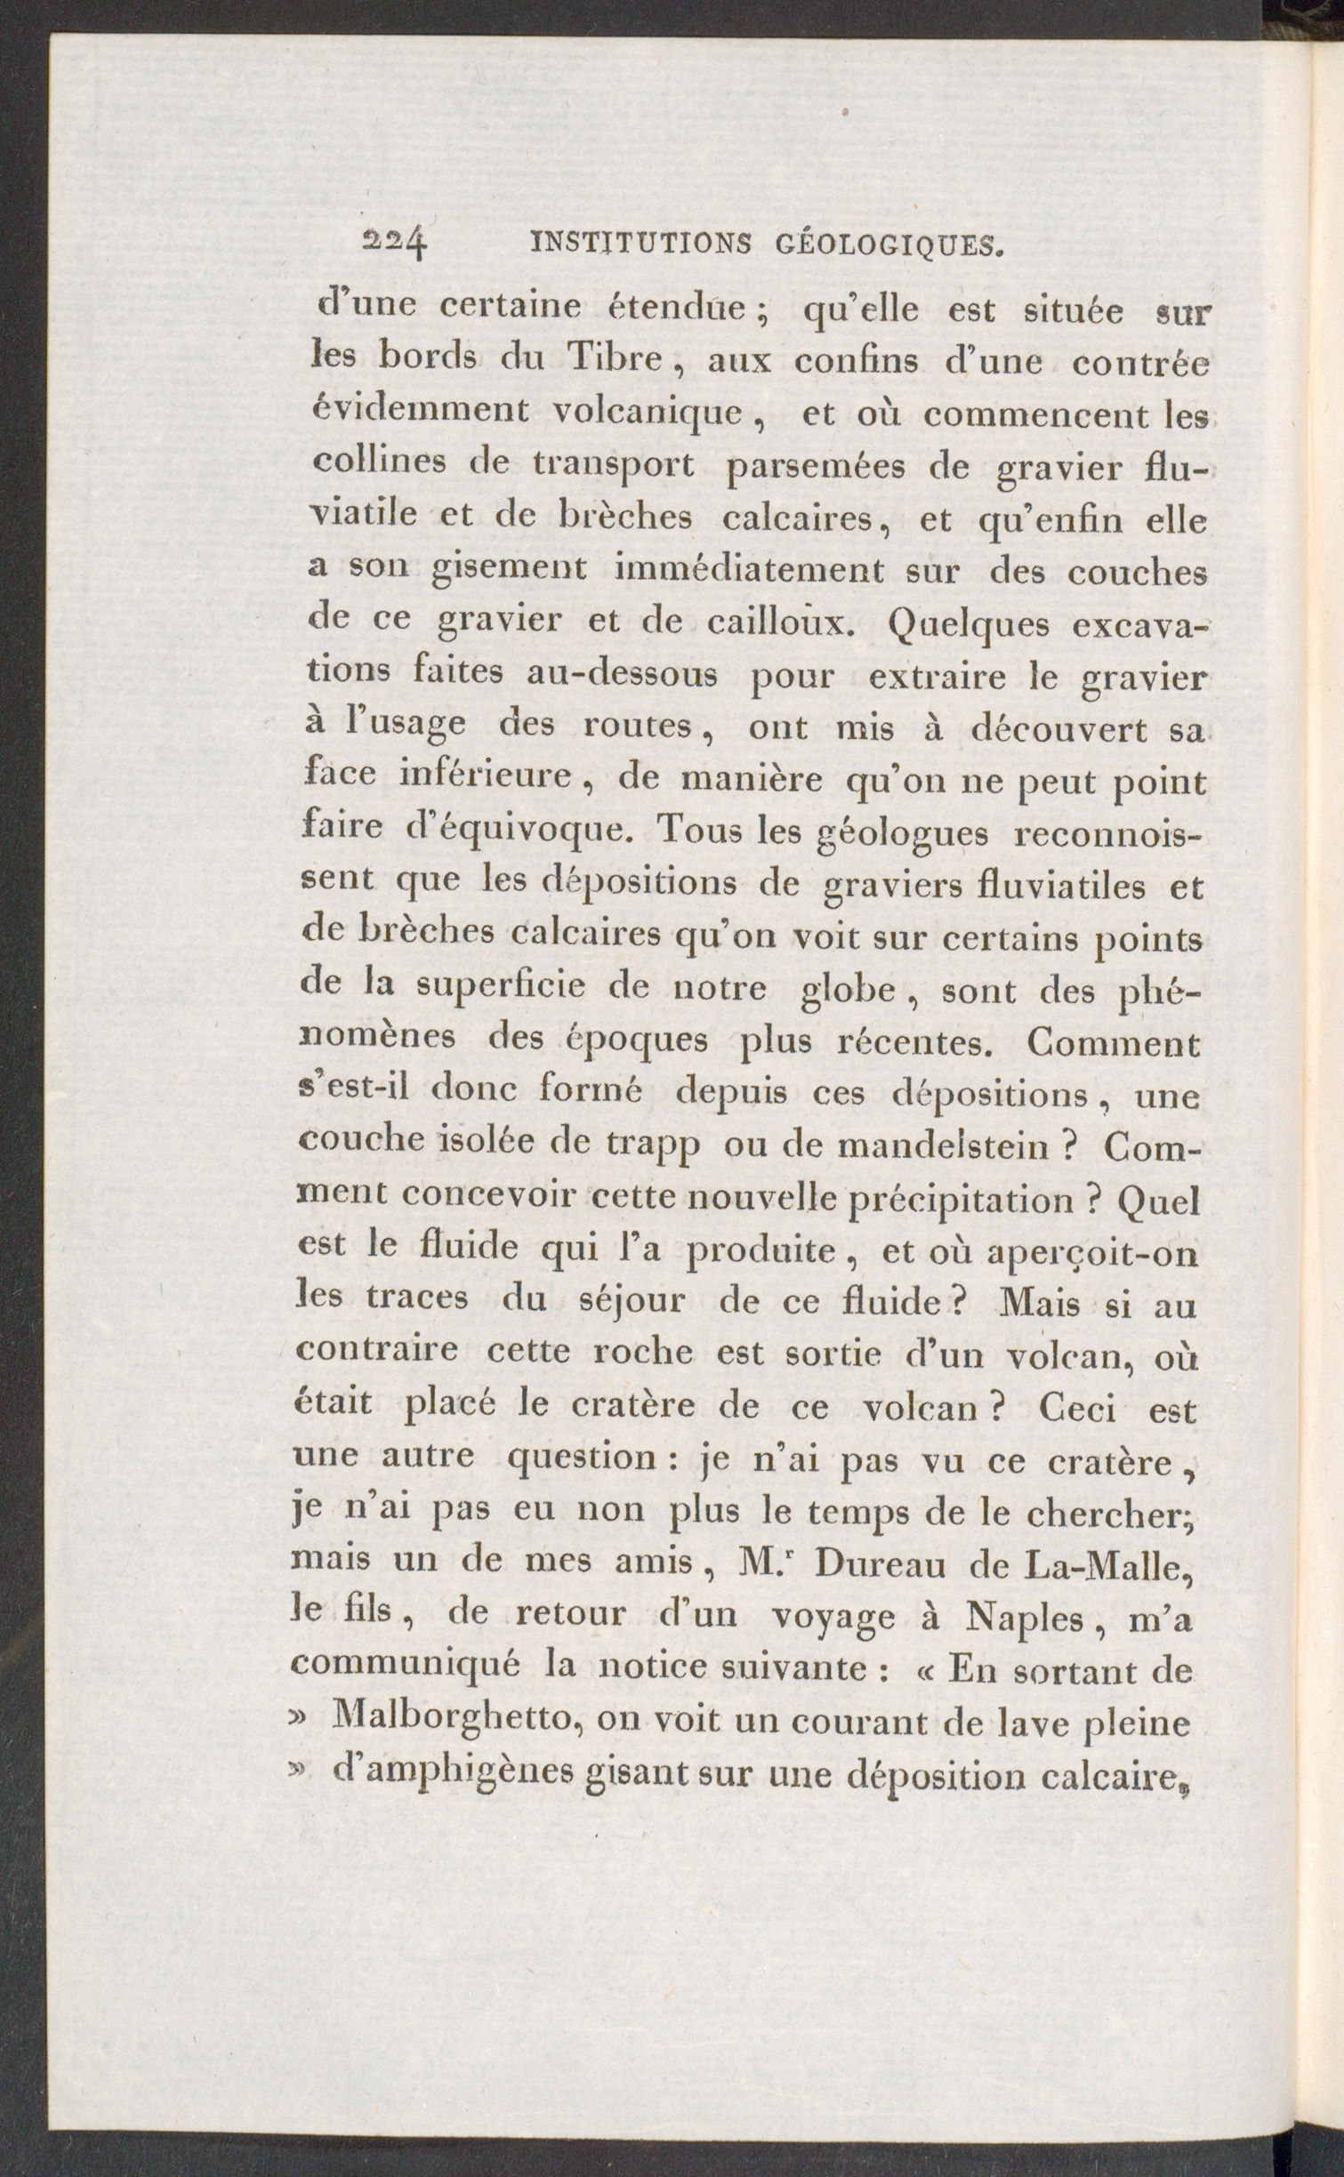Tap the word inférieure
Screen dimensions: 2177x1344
click(485, 775)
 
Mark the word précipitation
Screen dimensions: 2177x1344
click(959, 1201)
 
